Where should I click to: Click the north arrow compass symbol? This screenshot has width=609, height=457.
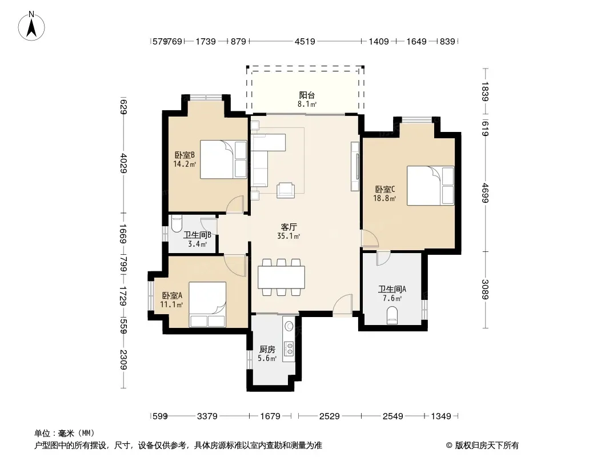click(x=31, y=26)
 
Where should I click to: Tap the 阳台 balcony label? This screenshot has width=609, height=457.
click(x=307, y=95)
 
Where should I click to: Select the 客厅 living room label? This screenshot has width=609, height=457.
click(x=289, y=227)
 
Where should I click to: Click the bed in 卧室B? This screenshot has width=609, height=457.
click(x=223, y=159)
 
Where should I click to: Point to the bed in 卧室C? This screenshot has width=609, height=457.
click(x=430, y=186)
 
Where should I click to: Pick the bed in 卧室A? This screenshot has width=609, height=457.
click(x=207, y=304)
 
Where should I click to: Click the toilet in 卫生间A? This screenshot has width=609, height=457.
click(x=392, y=315)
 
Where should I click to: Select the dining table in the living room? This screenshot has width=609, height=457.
click(x=281, y=277)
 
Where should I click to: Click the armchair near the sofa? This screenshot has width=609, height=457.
click(x=286, y=190)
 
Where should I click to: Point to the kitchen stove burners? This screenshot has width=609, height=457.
click(x=289, y=348)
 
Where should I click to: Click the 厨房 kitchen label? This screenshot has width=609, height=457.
click(x=267, y=350)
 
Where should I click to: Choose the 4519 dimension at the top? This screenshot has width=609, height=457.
click(x=305, y=41)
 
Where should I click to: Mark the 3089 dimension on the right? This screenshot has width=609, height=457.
click(x=484, y=289)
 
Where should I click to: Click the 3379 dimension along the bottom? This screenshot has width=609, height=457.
click(x=207, y=416)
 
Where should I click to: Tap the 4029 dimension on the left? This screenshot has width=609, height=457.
click(x=123, y=163)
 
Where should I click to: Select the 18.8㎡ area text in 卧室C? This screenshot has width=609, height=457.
click(x=384, y=198)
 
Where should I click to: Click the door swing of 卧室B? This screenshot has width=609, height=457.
click(x=234, y=205)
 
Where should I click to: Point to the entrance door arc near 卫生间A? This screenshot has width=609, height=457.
click(x=343, y=305)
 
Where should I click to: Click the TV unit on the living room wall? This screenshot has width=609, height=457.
click(x=355, y=166)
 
